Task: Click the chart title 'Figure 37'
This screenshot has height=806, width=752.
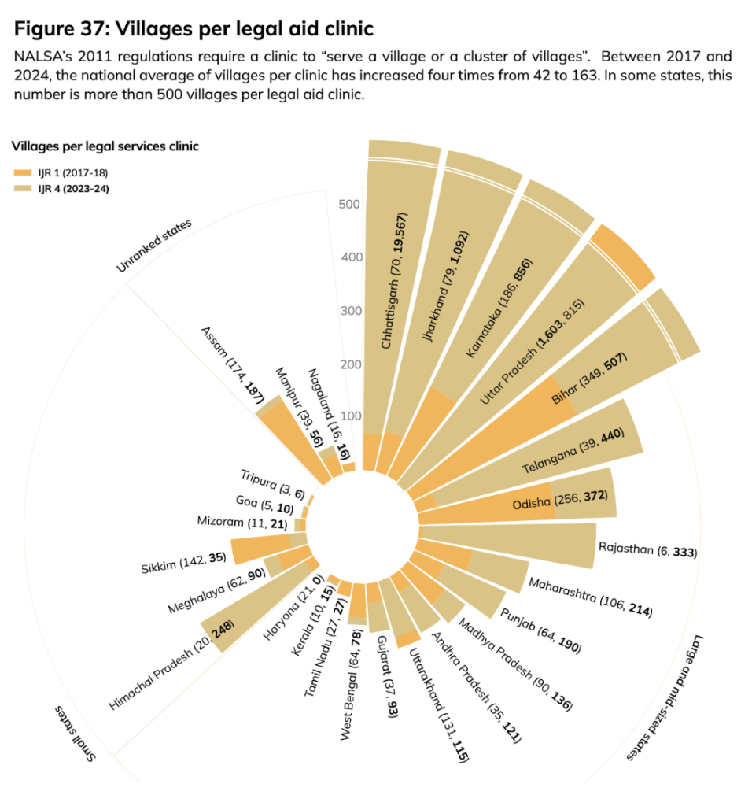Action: [x=194, y=29]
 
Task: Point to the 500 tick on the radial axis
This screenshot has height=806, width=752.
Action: [x=349, y=205]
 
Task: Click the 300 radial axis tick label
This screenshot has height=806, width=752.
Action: [x=349, y=311]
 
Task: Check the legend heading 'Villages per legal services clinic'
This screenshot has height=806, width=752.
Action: [x=105, y=146]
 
